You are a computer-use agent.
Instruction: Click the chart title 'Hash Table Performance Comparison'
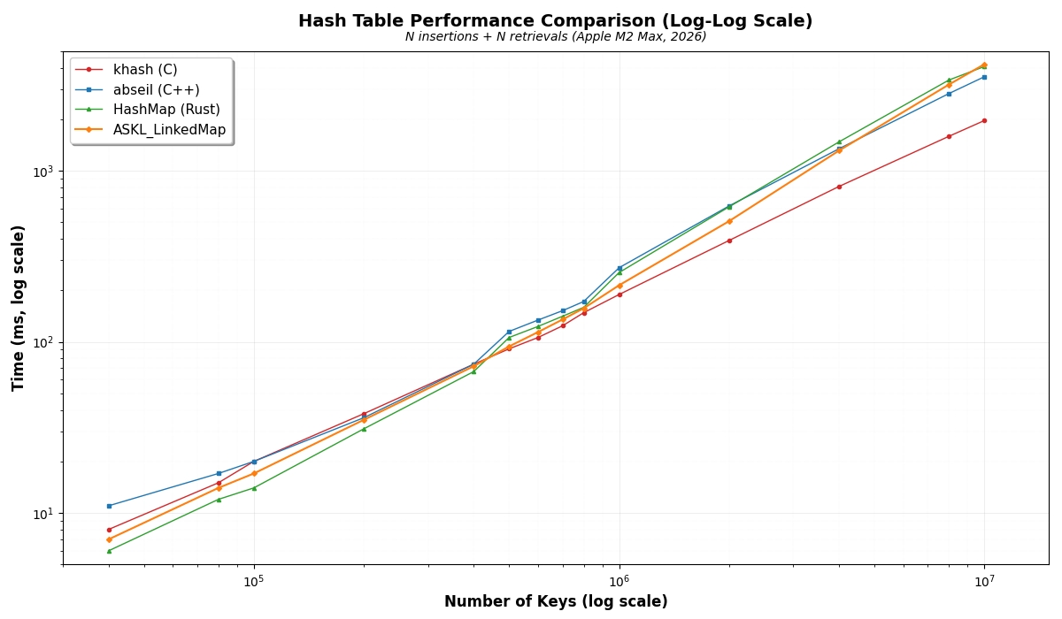(555, 21)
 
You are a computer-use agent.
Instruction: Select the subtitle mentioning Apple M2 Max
(555, 37)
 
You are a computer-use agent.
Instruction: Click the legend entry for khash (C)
(145, 70)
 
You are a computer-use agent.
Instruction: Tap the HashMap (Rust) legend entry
(166, 110)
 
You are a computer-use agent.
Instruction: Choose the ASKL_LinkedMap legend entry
(169, 130)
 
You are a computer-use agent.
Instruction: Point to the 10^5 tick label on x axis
(254, 581)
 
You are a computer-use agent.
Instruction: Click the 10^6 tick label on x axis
(619, 581)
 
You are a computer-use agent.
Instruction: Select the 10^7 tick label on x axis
(984, 581)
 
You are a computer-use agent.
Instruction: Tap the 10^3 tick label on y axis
(42, 171)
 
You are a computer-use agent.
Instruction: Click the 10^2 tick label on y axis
(42, 342)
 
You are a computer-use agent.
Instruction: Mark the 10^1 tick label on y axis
(42, 514)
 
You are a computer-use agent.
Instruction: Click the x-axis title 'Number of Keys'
(556, 602)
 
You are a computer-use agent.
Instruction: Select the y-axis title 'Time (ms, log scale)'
(19, 308)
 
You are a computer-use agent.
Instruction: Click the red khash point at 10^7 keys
(984, 120)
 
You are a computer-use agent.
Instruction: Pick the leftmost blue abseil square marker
(109, 506)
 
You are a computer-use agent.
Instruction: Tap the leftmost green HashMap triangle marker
(109, 551)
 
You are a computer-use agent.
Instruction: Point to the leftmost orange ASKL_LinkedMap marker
(109, 539)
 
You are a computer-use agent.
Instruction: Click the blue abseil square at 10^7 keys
(984, 77)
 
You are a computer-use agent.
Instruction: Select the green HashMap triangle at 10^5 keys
(254, 487)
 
